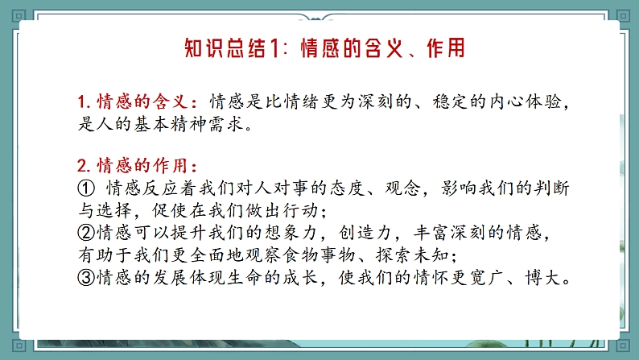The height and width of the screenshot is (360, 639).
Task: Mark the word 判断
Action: pyautogui.click(x=552, y=188)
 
